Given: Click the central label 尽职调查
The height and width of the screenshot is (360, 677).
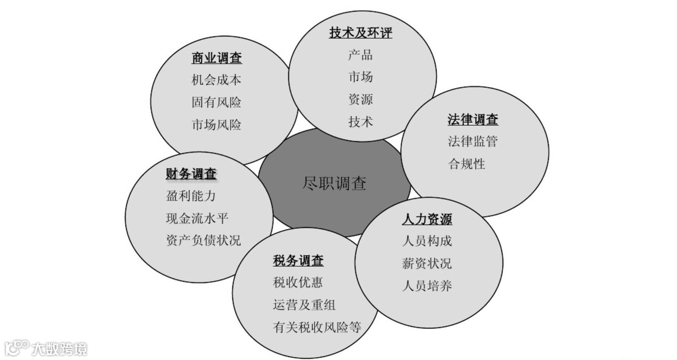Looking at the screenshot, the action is coord(334,183).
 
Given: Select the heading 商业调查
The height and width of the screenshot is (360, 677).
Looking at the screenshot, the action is coord(216,58).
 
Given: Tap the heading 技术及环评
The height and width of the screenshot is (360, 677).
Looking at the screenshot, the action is coord(360,33).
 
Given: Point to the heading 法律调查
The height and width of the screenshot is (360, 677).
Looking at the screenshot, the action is coord(472,119).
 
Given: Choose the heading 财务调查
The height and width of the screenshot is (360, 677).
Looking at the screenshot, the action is coord(191,174).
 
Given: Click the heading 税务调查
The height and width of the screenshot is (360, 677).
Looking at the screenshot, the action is coord(298,260).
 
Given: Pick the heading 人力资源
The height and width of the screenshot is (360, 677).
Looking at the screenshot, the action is coord(427,219).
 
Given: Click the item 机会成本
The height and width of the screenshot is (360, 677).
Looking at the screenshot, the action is coord(216,80).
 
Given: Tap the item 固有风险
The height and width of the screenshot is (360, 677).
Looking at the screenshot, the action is coord(216,102).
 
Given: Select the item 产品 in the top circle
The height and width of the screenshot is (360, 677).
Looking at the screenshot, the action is coord(360,55).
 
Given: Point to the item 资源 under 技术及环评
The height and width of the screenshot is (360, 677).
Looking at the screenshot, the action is coord(360,99).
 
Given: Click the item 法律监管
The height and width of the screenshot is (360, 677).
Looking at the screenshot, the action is coord(472,141).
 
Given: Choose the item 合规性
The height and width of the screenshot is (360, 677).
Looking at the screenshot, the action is coord(466,164).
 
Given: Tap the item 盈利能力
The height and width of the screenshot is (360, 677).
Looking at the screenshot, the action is coord(190,196).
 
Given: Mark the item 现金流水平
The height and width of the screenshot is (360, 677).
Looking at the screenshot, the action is coord(197,218).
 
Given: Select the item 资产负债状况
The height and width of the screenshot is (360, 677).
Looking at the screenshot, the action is coord(203,241).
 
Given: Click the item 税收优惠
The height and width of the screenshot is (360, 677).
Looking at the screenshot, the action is coord(298,283).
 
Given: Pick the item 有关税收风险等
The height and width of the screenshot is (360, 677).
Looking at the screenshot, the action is coord(317,327).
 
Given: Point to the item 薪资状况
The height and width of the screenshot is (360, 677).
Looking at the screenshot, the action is coord(427,264).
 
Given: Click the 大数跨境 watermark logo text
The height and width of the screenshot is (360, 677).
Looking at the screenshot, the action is coord(60,349).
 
